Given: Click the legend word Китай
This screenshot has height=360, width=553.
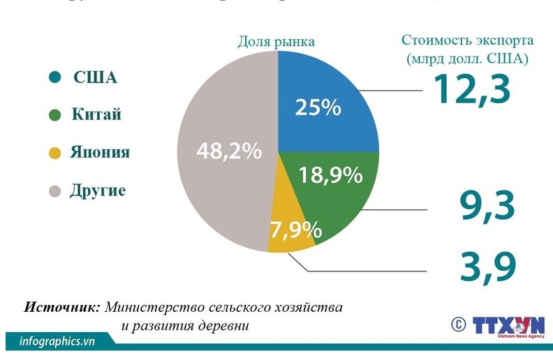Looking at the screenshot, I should pyautogui.click(x=96, y=114).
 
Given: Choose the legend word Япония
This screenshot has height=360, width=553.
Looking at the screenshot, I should pyautogui.click(x=100, y=152).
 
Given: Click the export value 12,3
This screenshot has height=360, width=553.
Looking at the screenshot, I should pyautogui.click(x=472, y=89).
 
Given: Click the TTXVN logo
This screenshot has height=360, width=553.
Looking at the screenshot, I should pyautogui.click(x=507, y=325).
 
